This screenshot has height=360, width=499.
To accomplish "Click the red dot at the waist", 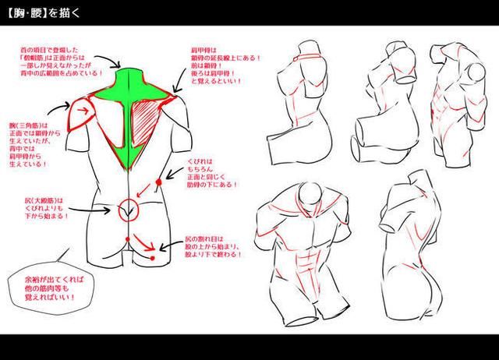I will [159, 182].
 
